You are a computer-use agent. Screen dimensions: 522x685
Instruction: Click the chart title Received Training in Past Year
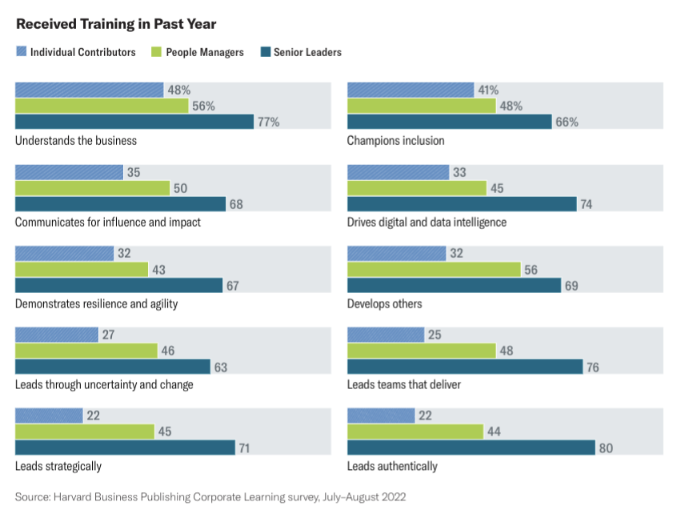116,24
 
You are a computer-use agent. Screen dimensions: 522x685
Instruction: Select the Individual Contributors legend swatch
21,52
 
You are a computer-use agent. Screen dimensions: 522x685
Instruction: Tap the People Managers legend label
205,52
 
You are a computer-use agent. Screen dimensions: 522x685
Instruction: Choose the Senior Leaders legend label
307,52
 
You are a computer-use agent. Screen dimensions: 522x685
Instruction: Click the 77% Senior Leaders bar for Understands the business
134,122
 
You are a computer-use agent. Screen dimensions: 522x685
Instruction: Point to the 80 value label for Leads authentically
606,448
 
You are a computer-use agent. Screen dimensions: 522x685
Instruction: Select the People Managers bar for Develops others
434,269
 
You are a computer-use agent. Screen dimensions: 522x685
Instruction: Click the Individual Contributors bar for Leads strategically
49,416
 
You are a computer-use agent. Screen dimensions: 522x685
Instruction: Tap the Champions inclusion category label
395,141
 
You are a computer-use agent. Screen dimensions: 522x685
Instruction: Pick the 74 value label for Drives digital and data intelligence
587,204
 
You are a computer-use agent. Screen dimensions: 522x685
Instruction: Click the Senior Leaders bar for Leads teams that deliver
464,367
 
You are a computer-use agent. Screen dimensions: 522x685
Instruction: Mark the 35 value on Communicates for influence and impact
134,172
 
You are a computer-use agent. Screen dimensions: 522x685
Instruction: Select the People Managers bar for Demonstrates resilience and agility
82,269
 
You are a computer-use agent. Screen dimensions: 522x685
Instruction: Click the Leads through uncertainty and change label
104,384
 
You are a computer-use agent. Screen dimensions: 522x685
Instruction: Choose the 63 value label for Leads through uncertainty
220,367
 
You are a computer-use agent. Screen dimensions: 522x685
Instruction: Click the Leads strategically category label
58,466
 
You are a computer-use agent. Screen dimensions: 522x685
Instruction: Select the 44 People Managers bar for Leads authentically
415,432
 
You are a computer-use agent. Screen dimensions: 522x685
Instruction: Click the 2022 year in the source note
392,497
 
